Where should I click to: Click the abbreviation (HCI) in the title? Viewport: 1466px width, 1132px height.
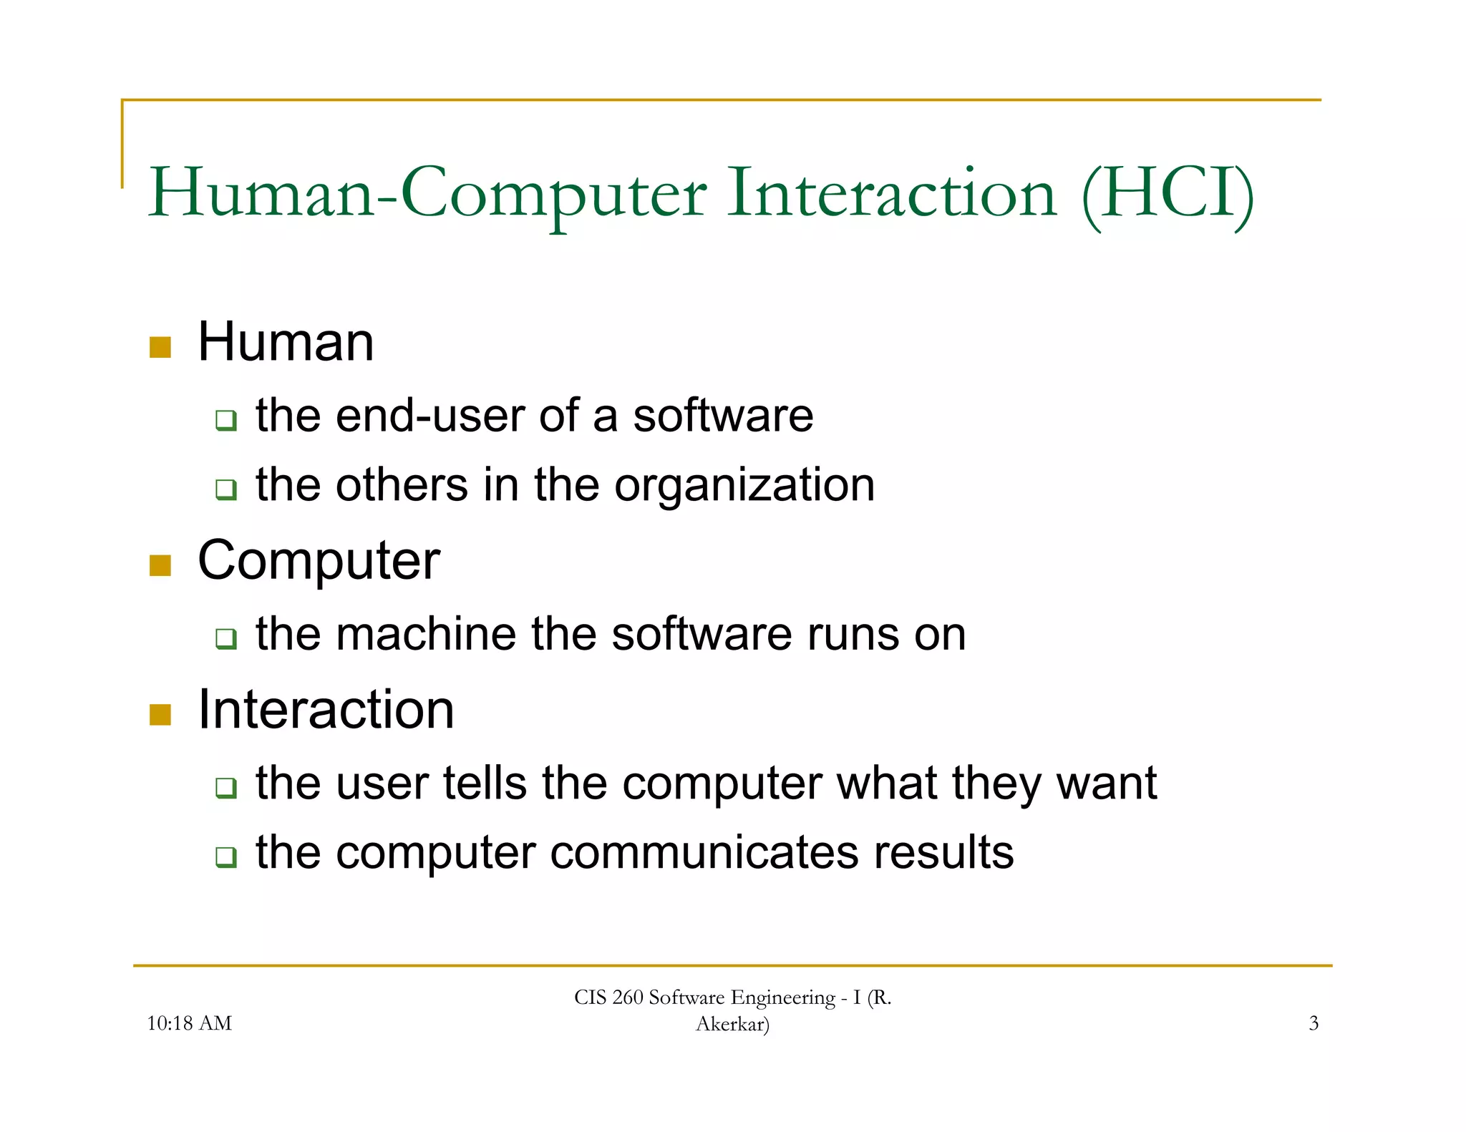(1168, 193)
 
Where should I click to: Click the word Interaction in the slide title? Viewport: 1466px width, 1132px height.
(891, 193)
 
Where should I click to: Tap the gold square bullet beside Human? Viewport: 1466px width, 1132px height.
(160, 347)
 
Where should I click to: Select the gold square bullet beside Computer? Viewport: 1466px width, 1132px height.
(160, 565)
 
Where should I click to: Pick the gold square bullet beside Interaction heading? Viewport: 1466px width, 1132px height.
(160, 714)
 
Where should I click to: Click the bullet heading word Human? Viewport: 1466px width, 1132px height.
(286, 342)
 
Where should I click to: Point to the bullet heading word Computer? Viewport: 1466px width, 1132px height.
(319, 562)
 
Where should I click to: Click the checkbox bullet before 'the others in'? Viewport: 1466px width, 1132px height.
(226, 489)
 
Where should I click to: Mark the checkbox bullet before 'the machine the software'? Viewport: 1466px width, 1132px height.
(226, 638)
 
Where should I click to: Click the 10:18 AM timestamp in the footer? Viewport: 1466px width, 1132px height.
(189, 1023)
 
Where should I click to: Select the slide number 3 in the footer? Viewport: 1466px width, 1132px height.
(1314, 1023)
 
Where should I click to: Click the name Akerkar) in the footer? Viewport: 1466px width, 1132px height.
(732, 1025)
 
